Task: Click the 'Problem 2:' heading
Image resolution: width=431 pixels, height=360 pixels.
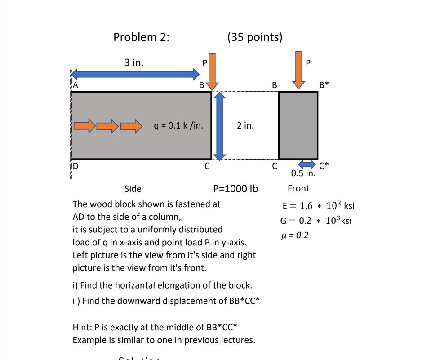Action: click(x=142, y=37)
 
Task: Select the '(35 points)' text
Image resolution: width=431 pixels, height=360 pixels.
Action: click(x=255, y=37)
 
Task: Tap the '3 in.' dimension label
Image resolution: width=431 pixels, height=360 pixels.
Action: click(x=134, y=62)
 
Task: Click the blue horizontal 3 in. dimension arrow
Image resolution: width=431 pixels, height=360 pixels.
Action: click(x=135, y=74)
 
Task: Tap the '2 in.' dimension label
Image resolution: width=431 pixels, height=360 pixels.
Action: click(x=245, y=125)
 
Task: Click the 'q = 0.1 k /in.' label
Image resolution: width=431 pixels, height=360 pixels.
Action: click(x=178, y=125)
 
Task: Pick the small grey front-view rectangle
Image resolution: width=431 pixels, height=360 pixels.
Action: click(x=298, y=125)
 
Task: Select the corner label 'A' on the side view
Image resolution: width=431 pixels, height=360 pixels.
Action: click(x=75, y=84)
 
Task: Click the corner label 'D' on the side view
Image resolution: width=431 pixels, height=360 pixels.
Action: click(x=75, y=165)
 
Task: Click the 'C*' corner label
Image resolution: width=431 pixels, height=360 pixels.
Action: click(x=324, y=165)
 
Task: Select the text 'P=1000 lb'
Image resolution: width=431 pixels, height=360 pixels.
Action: click(x=235, y=188)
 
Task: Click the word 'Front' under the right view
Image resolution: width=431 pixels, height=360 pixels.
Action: click(x=298, y=188)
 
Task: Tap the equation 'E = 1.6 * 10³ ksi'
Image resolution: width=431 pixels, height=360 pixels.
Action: click(x=318, y=206)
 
